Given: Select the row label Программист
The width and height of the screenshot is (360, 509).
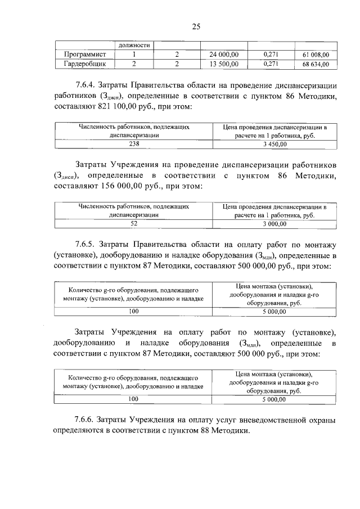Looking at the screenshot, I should click(83, 55).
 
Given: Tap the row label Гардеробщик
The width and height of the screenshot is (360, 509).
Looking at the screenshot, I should click(84, 64).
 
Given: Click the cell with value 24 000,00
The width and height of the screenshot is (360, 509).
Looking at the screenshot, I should click(224, 55).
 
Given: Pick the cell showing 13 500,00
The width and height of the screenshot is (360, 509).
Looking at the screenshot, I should click(224, 64).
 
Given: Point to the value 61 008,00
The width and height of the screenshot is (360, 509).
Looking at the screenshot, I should click(316, 55).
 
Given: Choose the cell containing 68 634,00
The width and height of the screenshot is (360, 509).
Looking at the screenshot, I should click(316, 64).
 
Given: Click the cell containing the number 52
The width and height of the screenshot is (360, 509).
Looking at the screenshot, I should click(134, 224).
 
